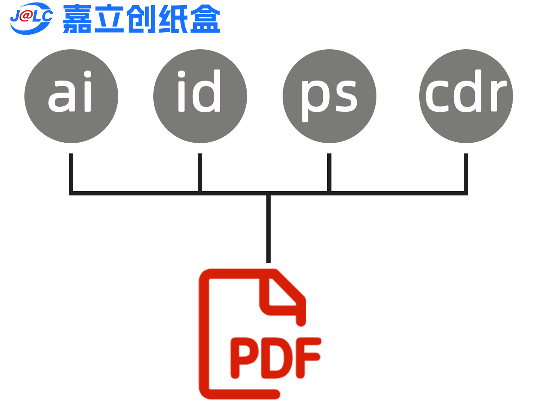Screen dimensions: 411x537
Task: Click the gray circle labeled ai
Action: (71, 96)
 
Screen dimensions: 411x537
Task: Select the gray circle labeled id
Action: (200, 96)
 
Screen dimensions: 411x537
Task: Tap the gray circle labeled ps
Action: (329, 96)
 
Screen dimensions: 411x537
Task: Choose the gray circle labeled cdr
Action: (466, 96)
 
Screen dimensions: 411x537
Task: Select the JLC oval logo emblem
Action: (31, 18)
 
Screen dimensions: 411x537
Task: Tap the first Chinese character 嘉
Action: (77, 19)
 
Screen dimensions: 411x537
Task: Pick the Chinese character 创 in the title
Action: (141, 19)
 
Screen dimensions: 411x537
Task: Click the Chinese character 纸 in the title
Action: (173, 19)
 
